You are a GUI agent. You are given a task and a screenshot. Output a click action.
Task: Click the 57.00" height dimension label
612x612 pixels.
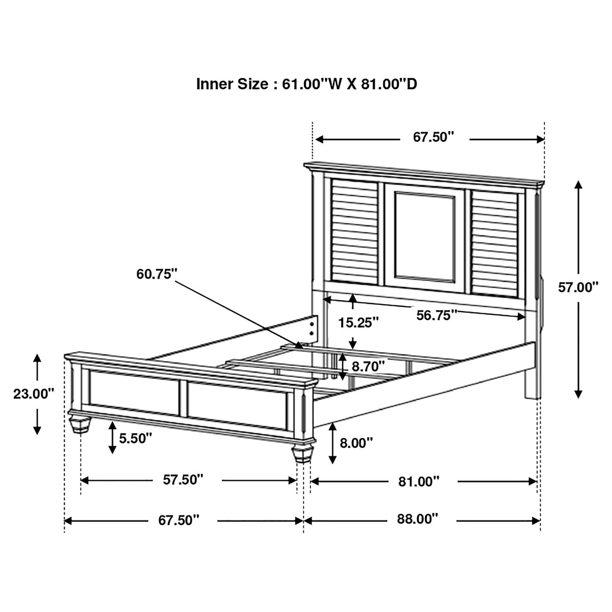pyautogui.click(x=578, y=288)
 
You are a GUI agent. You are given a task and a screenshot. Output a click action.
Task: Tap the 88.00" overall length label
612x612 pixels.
pyautogui.click(x=417, y=519)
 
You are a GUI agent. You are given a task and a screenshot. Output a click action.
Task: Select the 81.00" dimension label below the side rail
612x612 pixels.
pyautogui.click(x=418, y=481)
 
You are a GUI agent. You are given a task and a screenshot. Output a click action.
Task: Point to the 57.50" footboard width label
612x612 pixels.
pyautogui.click(x=183, y=479)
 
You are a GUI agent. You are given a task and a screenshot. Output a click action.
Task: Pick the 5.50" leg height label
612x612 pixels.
pyautogui.click(x=135, y=438)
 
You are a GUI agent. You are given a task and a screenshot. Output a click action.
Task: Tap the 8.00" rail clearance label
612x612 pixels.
pyautogui.click(x=356, y=443)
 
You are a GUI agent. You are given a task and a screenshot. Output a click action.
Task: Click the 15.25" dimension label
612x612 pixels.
pyautogui.click(x=358, y=323)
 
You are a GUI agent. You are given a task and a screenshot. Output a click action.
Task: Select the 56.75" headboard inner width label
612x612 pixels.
pyautogui.click(x=437, y=315)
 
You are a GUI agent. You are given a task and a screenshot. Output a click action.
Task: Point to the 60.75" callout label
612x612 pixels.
pyautogui.click(x=156, y=274)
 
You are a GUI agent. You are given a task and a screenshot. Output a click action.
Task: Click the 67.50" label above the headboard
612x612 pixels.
pyautogui.click(x=433, y=137)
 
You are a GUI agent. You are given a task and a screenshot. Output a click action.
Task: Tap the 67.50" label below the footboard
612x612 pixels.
pyautogui.click(x=179, y=520)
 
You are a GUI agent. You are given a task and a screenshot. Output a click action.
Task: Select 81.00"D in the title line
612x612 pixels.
pyautogui.click(x=389, y=84)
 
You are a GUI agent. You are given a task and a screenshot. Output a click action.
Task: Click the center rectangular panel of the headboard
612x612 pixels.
pyautogui.click(x=424, y=236)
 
